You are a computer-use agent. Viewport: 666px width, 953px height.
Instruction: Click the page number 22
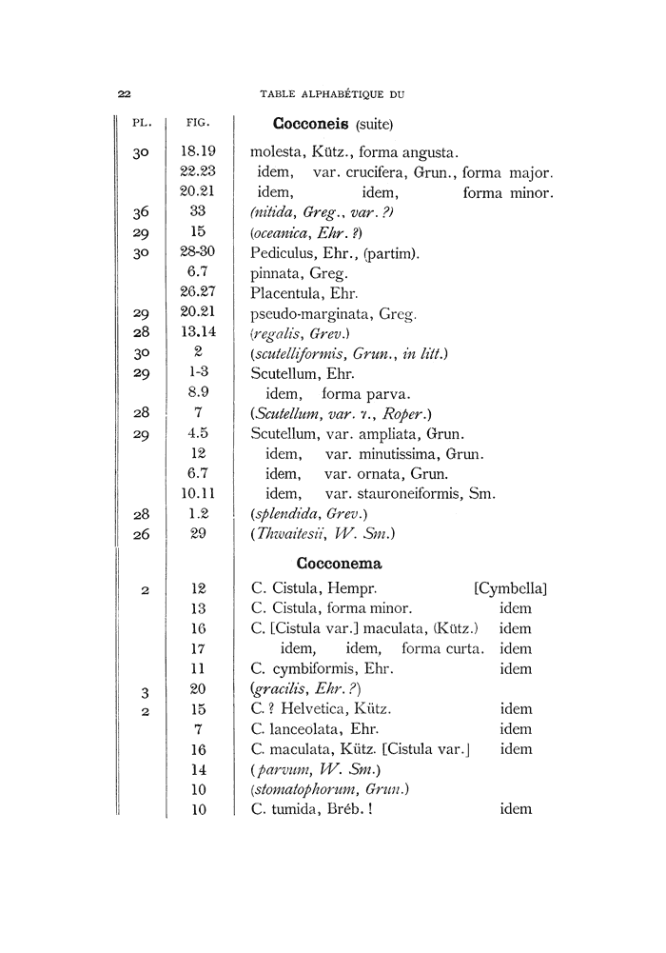click(124, 93)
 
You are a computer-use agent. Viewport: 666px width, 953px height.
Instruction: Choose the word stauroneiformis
click(412, 494)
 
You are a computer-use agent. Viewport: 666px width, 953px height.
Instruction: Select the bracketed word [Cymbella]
click(510, 589)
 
